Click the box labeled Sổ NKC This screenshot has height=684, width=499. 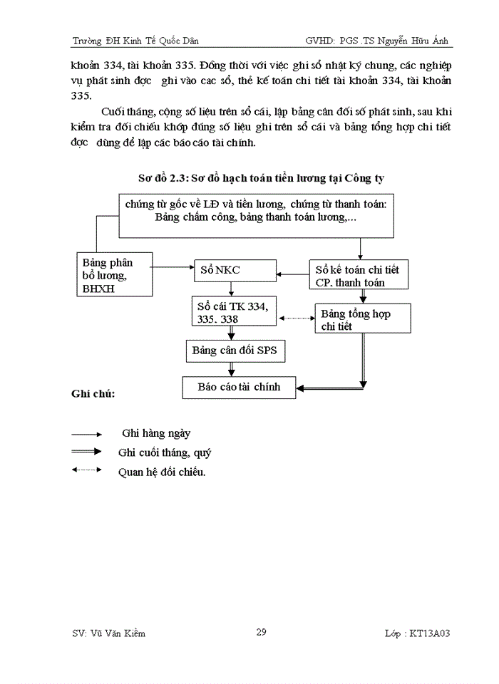235,271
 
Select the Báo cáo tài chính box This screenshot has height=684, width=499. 239,388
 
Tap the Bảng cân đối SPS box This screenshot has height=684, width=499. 235,351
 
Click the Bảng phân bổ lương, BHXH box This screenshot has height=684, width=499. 115,275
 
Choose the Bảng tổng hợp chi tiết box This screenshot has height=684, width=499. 363,320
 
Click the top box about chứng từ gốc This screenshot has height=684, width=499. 255,214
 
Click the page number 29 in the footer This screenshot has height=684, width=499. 261,632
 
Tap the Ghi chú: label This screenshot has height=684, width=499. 93,393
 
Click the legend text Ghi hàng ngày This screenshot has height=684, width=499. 156,432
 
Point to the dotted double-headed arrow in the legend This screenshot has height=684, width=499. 87,470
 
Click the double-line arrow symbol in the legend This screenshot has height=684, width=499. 87,451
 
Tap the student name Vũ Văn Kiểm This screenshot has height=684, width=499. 109,633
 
